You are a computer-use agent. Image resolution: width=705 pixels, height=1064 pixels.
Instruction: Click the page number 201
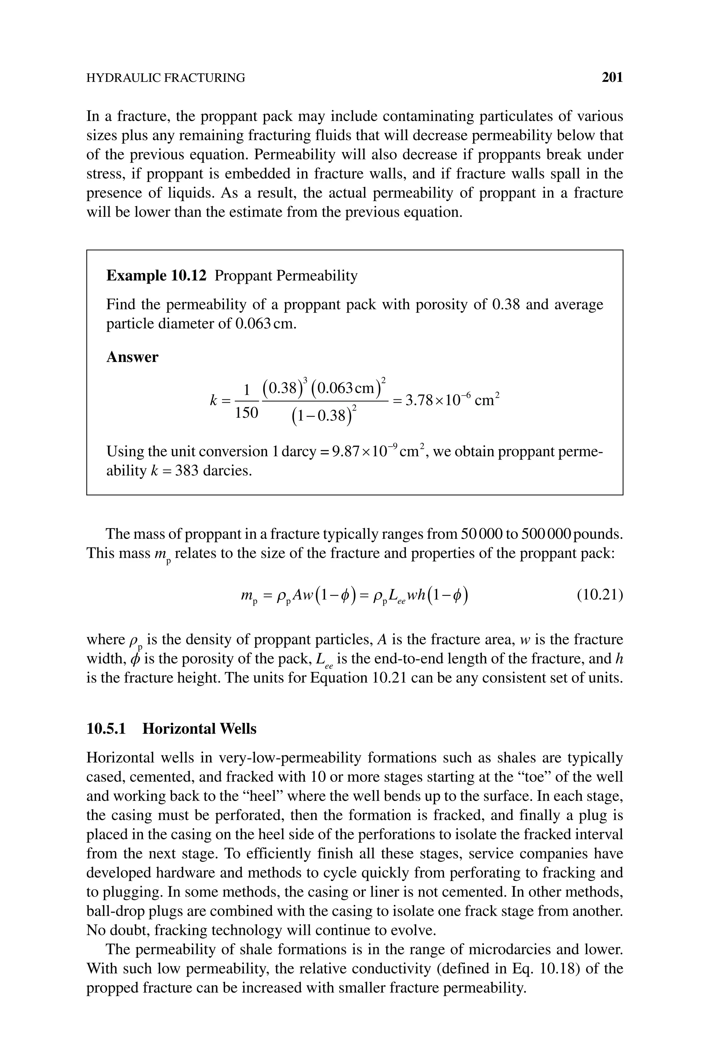click(612, 78)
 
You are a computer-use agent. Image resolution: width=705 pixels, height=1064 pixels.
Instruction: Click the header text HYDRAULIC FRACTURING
click(166, 78)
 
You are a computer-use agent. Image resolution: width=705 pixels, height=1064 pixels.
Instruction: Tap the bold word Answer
click(132, 357)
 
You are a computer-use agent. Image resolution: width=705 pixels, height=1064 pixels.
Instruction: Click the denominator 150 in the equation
click(247, 413)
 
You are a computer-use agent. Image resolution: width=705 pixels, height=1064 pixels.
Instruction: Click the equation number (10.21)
click(599, 595)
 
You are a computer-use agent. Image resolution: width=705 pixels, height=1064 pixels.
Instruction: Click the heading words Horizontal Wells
click(199, 728)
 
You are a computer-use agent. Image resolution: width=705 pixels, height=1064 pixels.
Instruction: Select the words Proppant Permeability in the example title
click(286, 275)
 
